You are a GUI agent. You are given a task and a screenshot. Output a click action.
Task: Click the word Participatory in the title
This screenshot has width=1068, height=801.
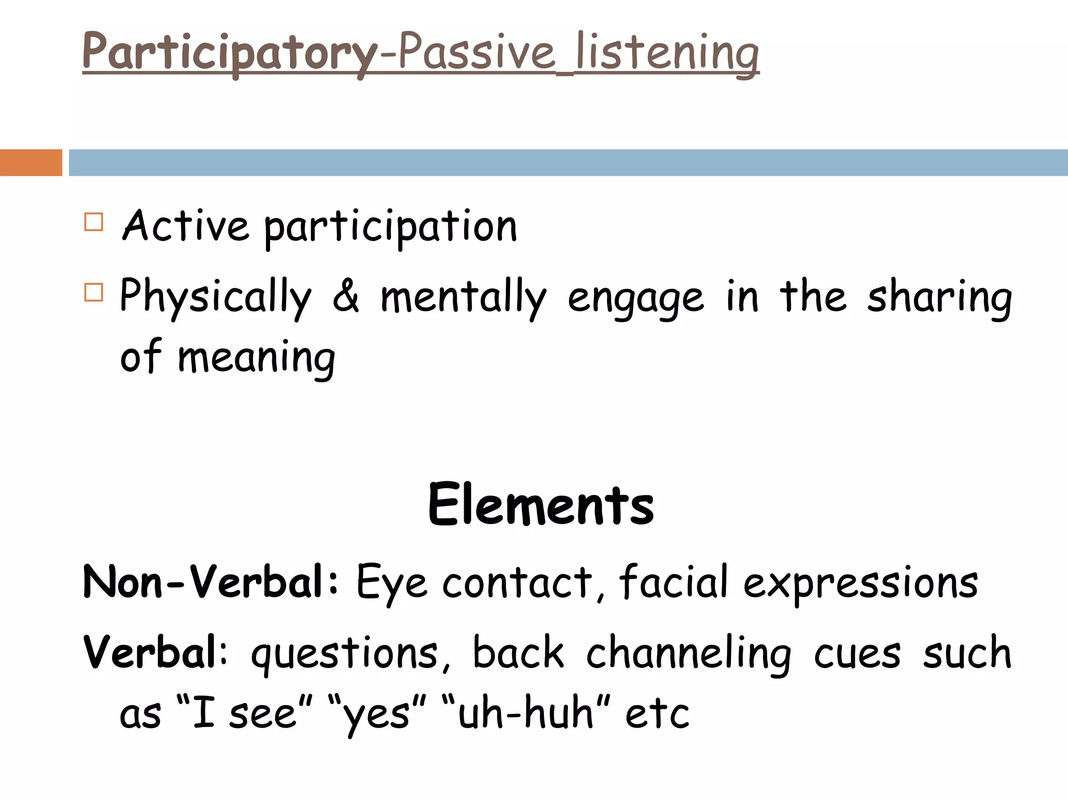click(x=229, y=52)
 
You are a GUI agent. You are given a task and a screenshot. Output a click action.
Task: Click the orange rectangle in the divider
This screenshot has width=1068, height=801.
click(x=31, y=163)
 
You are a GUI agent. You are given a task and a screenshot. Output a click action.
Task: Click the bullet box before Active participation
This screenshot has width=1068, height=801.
click(x=94, y=222)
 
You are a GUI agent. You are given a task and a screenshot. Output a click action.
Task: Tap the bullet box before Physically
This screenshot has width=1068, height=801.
click(x=94, y=292)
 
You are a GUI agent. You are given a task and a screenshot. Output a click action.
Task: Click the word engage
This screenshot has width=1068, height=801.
click(x=635, y=298)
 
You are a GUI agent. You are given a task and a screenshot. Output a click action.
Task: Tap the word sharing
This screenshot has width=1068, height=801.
click(x=939, y=297)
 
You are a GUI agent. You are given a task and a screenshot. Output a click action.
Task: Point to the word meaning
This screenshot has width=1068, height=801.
click(x=256, y=358)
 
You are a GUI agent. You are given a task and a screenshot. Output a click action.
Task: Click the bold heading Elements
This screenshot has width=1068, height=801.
click(x=540, y=504)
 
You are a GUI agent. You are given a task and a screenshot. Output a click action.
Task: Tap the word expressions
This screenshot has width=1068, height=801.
click(x=860, y=583)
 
